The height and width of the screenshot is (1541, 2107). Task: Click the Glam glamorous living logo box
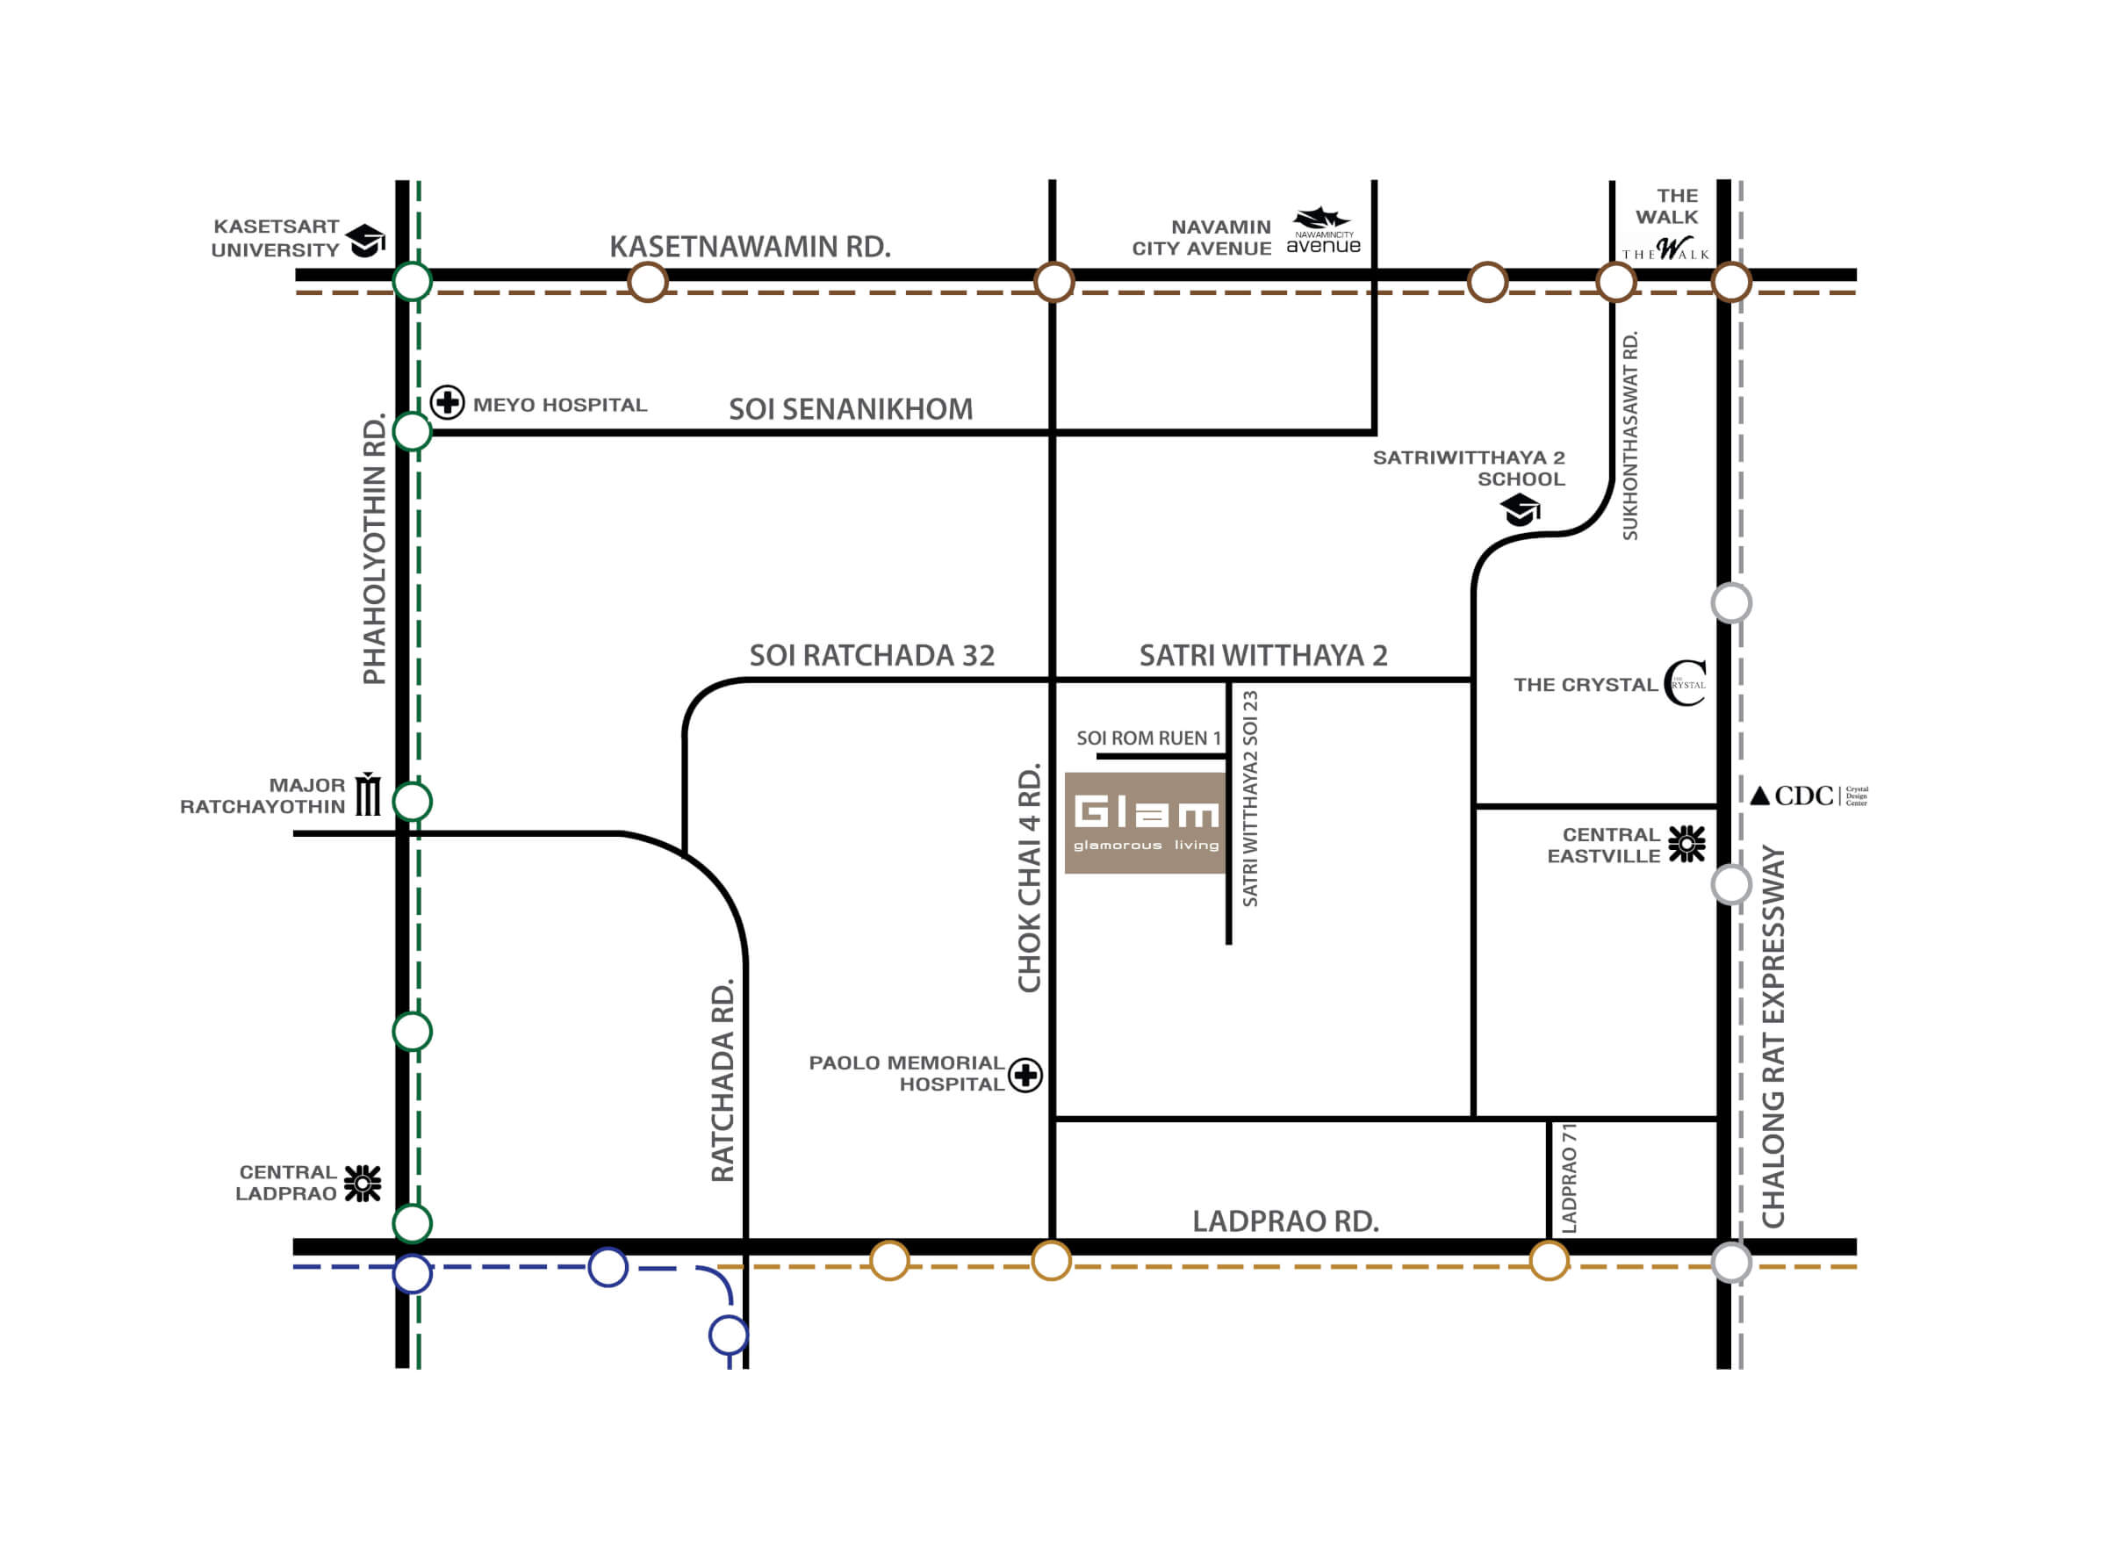coord(1146,823)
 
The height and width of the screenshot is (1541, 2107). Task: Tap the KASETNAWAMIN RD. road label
coord(750,248)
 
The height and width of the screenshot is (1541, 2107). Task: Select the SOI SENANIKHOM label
coord(851,409)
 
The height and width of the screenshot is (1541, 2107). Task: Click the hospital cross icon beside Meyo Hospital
coord(448,403)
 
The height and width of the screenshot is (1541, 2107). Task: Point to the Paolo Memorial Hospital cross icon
coord(1025,1076)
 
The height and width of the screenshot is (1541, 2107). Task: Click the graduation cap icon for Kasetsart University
coord(365,241)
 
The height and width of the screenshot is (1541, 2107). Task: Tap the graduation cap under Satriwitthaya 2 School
coord(1521,510)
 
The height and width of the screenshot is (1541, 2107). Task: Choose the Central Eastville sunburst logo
coord(1686,843)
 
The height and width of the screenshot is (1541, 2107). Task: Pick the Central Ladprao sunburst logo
coord(363,1183)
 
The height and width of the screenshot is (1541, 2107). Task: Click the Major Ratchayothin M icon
coord(370,794)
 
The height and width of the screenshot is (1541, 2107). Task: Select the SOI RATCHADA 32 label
coord(872,656)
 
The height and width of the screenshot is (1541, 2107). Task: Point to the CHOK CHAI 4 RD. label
coord(1029,880)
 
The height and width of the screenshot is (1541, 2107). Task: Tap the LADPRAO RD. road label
coord(1285,1221)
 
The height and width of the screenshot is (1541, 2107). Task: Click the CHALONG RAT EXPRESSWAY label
coord(1773,1036)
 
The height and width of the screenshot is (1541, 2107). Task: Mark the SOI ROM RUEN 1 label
coord(1149,738)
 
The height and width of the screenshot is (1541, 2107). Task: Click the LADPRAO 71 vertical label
coord(1569,1178)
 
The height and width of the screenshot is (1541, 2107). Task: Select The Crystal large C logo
coord(1686,683)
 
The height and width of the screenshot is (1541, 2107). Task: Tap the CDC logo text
coord(1803,796)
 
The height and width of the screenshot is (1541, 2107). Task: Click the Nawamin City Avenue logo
coord(1323,231)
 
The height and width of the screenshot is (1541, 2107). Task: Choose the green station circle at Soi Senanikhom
coord(413,433)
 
